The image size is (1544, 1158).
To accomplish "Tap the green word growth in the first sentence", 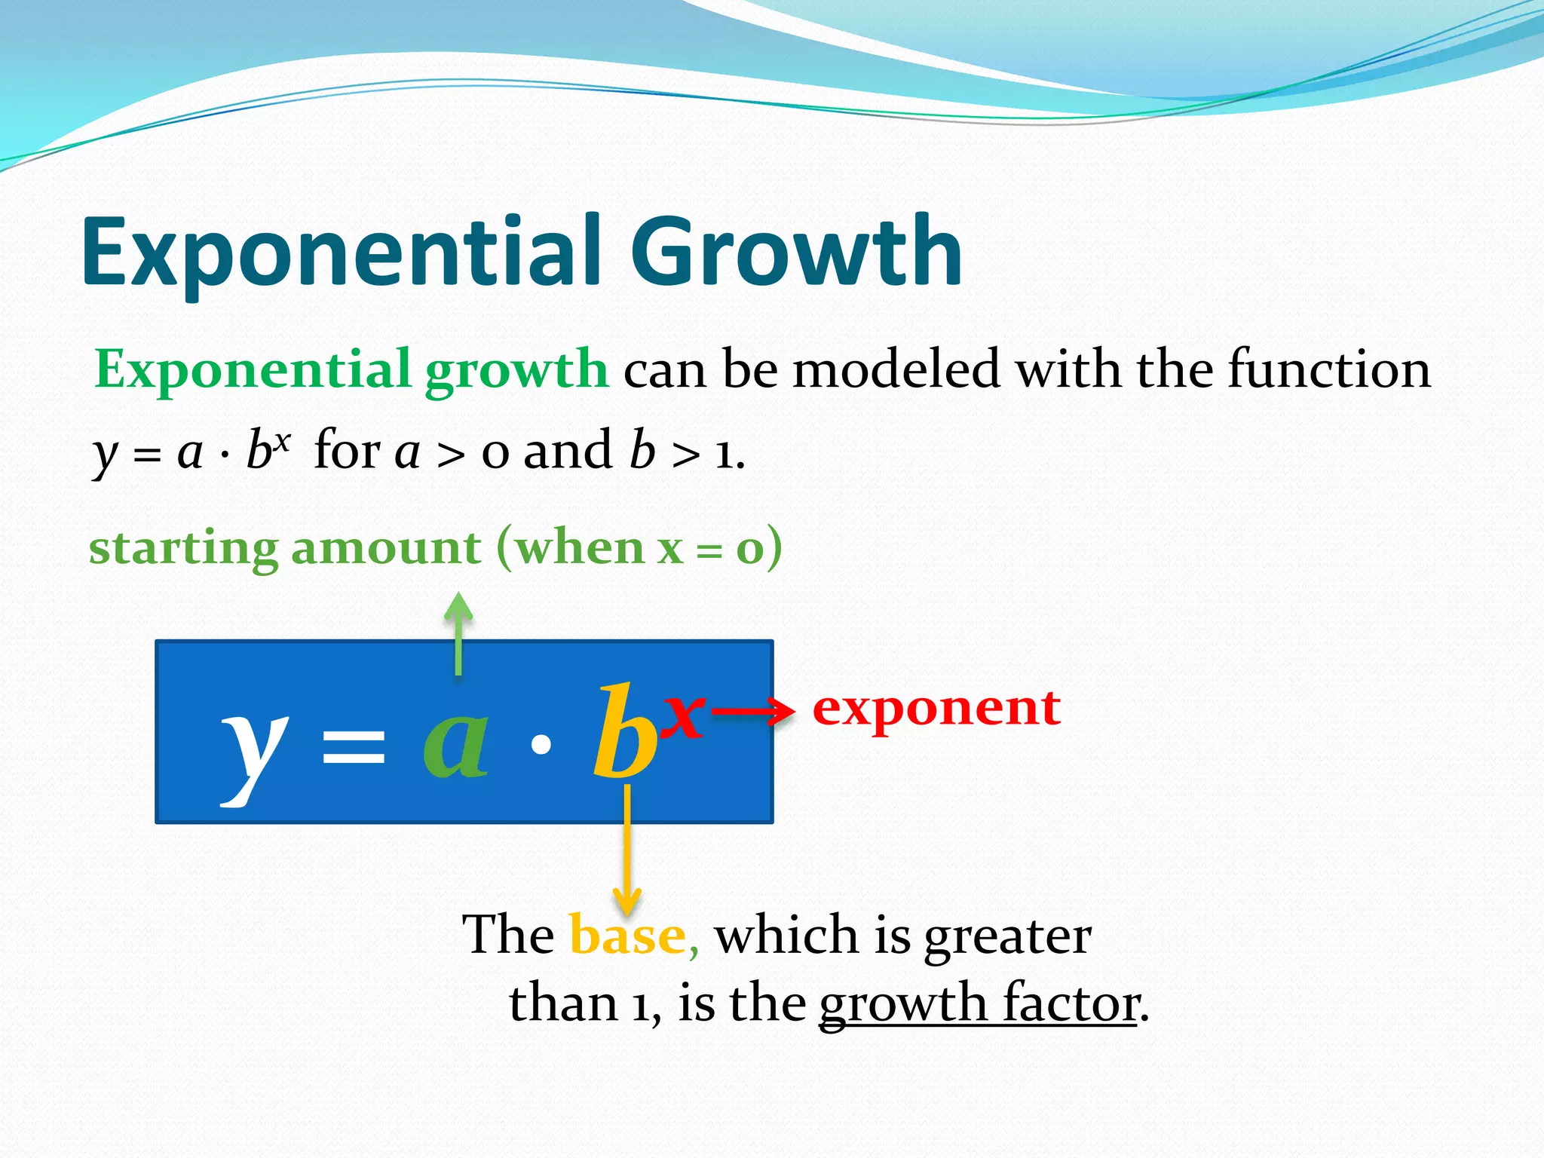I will (516, 371).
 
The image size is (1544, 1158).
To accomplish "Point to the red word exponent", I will (936, 708).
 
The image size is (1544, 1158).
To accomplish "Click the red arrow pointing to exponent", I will (752, 711).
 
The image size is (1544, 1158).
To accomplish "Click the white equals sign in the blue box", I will (353, 746).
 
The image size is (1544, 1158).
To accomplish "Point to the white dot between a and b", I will (541, 745).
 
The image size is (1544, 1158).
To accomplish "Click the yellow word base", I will (627, 936).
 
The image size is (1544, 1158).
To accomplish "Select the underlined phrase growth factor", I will (979, 1003).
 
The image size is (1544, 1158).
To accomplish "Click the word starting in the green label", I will (183, 548).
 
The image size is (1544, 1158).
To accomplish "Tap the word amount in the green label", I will (386, 547).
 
